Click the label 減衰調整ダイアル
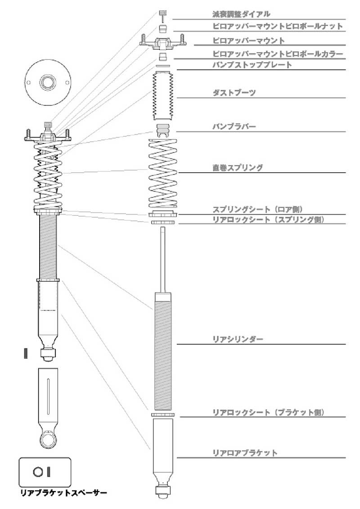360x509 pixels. coord(241,14)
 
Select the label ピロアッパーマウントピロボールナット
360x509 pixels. coord(278,26)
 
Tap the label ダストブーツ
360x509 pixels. coord(234,93)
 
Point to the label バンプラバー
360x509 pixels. coord(234,126)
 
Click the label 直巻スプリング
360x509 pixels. coord(238,168)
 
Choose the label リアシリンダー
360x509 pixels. coord(238,339)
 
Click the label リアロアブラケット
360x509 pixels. coord(245,453)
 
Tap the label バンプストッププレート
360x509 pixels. coord(252,65)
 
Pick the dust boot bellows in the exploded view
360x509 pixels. coord(163,96)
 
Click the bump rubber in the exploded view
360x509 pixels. coord(163,130)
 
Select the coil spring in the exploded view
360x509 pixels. coord(163,174)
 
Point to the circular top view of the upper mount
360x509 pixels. coord(48,82)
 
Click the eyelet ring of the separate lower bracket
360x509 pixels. coord(48,440)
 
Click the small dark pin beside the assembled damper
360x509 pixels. coord(26,353)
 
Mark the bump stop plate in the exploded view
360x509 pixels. coord(163,66)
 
